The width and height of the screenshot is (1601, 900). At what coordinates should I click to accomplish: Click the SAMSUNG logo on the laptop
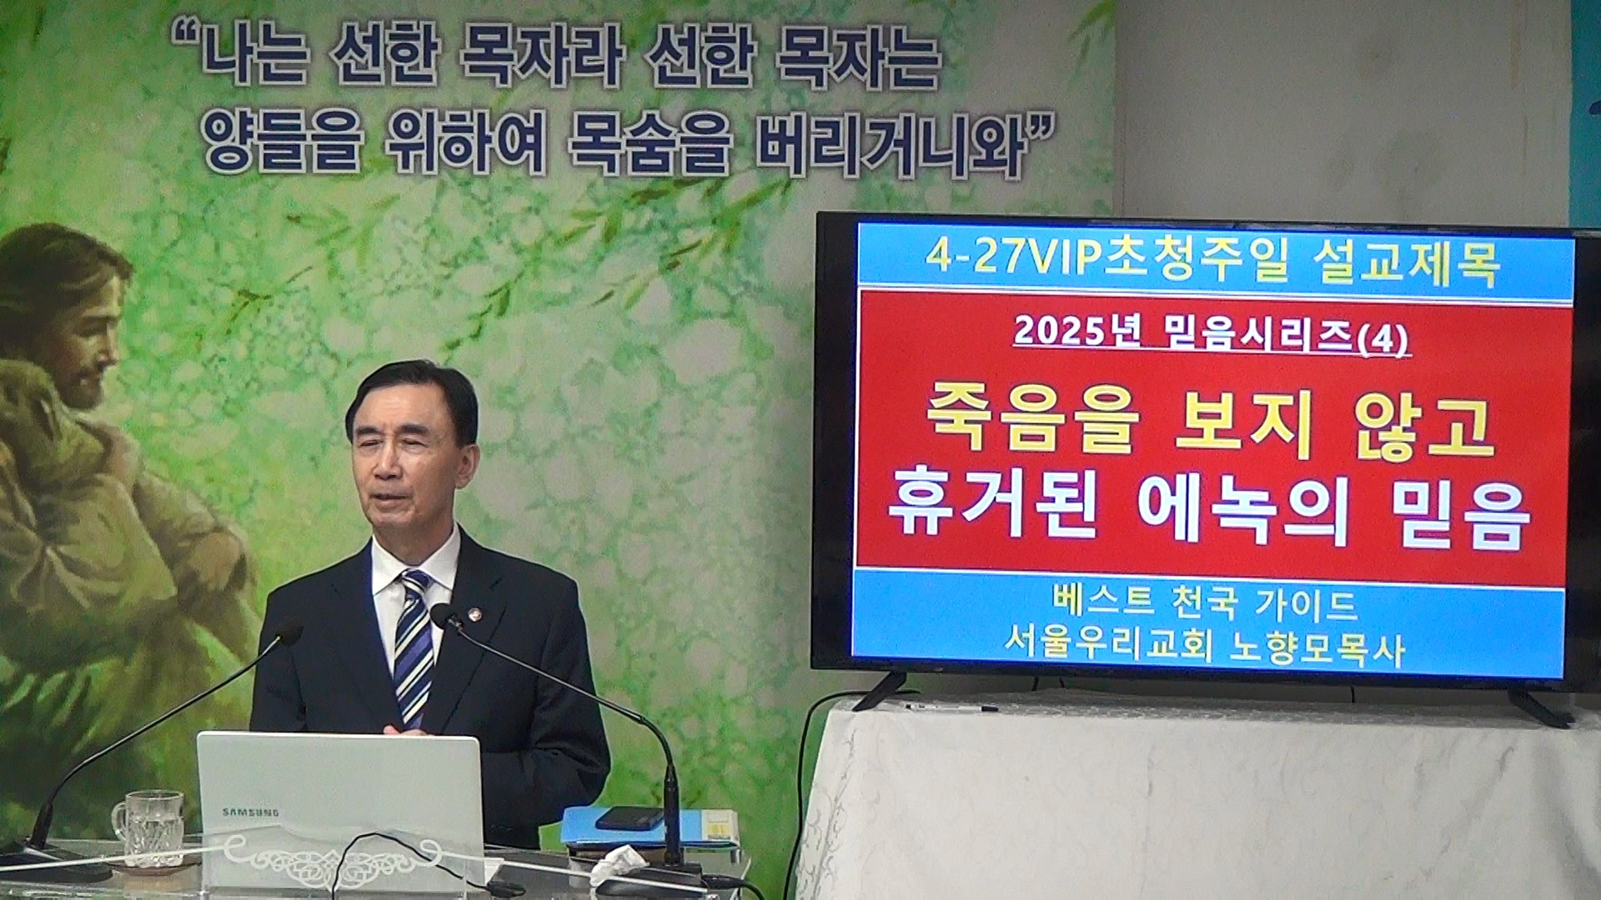point(250,812)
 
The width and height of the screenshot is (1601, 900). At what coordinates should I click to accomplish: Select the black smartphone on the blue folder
point(630,818)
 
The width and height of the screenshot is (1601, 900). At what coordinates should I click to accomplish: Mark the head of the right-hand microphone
point(445,617)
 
